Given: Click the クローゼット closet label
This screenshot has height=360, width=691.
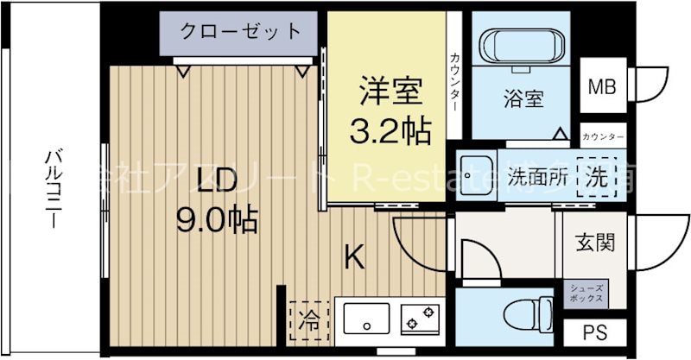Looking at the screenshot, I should point(241,32).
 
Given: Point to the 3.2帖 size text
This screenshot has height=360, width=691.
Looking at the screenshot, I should point(390,131).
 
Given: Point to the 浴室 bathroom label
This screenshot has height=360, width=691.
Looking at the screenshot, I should point(523,99).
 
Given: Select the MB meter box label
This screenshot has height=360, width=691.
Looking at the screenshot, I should point(601,86).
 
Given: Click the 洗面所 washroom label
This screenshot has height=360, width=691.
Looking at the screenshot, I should point(537,177).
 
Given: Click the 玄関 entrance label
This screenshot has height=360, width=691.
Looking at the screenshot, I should point(595,243).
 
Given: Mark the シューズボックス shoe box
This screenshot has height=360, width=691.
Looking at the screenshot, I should point(586,293).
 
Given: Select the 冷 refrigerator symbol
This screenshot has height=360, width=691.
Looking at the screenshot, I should point(308,322).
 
